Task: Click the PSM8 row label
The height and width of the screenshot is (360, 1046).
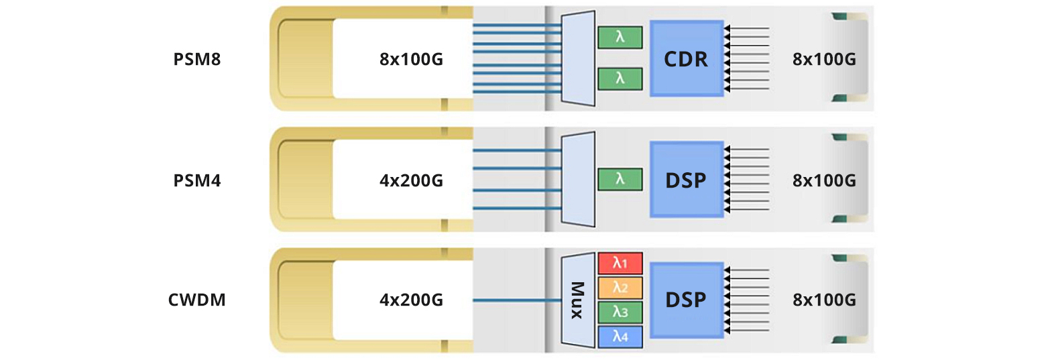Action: (197, 59)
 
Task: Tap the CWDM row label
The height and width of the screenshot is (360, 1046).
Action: (197, 300)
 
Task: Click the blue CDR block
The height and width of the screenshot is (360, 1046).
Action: (686, 58)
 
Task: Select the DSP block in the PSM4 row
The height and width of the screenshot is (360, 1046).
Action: (686, 179)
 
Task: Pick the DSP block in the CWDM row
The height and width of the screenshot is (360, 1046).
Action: (686, 300)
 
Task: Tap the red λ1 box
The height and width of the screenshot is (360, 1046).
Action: (620, 263)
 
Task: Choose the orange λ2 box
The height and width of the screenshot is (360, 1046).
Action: (620, 288)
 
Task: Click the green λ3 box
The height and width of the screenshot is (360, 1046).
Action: (620, 312)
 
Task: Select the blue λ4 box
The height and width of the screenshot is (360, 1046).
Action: (620, 337)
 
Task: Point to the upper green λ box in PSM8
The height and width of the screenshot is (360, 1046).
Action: (620, 38)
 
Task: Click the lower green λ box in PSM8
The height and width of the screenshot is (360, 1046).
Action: (620, 78)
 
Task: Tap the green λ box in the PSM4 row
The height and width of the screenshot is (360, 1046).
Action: (620, 179)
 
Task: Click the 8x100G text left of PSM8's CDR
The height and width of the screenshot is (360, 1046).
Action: (411, 59)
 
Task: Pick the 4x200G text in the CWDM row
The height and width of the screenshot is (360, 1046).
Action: (411, 300)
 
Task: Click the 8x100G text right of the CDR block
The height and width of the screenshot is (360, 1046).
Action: (824, 59)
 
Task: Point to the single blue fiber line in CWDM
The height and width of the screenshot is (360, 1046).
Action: (516, 300)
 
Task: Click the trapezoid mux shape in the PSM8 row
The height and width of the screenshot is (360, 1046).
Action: (578, 58)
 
